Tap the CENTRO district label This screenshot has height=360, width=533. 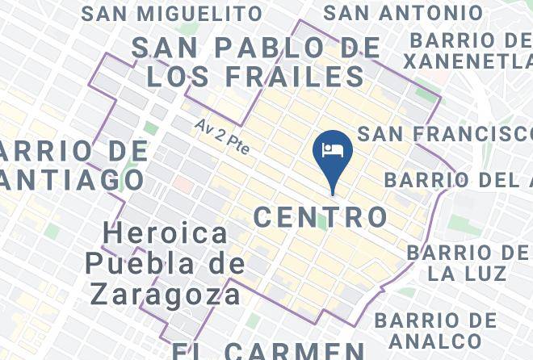[x=321, y=216]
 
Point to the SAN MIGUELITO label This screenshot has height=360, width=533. [x=172, y=14]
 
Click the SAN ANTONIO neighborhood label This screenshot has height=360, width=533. [x=403, y=13]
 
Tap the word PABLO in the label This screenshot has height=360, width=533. [x=272, y=47]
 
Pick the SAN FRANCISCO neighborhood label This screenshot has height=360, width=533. [x=444, y=133]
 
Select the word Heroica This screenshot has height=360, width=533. [x=166, y=234]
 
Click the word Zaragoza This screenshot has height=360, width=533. [x=166, y=293]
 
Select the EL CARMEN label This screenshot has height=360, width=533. [x=268, y=351]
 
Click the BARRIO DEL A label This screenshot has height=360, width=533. [x=457, y=179]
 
